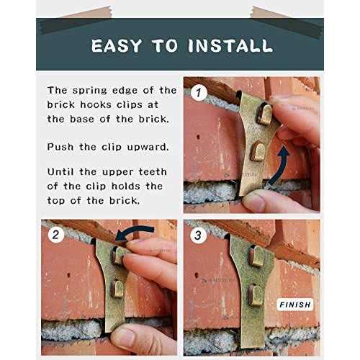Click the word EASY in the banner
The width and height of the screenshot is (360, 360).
click(117, 45)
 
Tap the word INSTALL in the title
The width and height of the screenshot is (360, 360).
click(230, 45)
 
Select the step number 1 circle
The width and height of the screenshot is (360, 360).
click(199, 93)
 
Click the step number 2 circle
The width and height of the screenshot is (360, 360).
click(56, 235)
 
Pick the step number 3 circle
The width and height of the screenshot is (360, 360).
click(198, 235)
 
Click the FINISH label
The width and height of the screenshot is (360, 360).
click(295, 305)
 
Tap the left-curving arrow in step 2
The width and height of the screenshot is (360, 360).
click(135, 232)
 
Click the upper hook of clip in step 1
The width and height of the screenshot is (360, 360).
click(265, 114)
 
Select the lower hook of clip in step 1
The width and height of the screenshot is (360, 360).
click(258, 151)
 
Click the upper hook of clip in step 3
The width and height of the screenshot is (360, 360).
click(257, 256)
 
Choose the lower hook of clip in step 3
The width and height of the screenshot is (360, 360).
click(256, 295)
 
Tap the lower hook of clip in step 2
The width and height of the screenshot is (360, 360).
click(117, 289)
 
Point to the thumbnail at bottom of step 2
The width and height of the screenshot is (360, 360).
click(124, 338)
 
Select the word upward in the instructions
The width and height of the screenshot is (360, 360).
click(148, 147)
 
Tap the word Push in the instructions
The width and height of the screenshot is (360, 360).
click(60, 147)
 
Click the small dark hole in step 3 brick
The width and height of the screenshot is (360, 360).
click(197, 275)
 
